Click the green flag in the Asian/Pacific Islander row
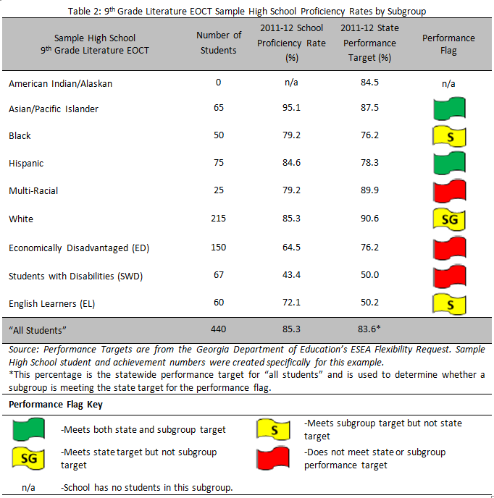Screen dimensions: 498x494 tap(448, 109)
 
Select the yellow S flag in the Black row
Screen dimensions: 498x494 tap(448, 136)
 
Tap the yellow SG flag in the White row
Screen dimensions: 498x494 tap(448, 219)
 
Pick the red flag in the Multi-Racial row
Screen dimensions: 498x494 tap(448, 191)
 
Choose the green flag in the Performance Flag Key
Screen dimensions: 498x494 tap(28, 429)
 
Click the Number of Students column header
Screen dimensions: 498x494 tap(218, 43)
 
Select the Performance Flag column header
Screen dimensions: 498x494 tap(448, 43)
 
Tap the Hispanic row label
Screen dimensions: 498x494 tap(28, 164)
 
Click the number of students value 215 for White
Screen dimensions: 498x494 tap(218, 219)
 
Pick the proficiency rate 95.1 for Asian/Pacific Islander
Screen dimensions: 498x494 tap(292, 109)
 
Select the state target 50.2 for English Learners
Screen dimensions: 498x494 tap(370, 303)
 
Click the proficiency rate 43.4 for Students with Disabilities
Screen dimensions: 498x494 tap(292, 276)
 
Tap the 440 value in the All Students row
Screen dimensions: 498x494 tap(218, 329)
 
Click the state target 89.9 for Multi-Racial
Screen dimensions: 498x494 tap(370, 191)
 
